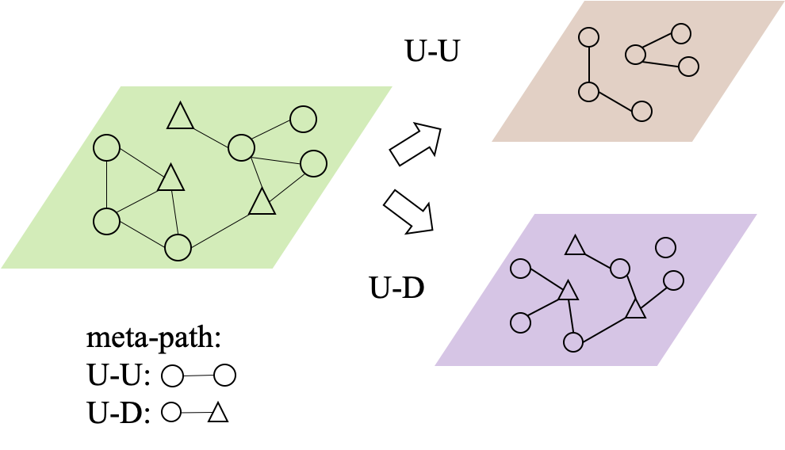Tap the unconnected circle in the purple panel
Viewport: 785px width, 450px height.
665,248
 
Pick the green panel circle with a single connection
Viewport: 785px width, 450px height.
303,119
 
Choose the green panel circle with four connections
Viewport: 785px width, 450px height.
241,147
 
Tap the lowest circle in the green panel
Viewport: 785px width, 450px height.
178,247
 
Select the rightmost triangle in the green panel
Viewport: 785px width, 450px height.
262,203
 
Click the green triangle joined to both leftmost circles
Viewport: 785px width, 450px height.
170,179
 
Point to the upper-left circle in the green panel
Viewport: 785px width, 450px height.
106,148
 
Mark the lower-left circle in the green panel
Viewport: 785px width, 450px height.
106,221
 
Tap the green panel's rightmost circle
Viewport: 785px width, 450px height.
313,164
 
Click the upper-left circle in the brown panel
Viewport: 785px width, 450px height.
588,37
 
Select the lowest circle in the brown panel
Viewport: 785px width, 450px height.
641,112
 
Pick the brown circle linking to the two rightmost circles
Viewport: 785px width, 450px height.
635,54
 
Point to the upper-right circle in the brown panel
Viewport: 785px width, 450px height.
680,33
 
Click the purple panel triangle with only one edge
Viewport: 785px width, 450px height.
575,246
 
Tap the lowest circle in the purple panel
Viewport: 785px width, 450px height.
572,342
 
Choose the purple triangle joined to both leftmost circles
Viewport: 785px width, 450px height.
568,292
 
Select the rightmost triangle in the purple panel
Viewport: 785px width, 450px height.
634,309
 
